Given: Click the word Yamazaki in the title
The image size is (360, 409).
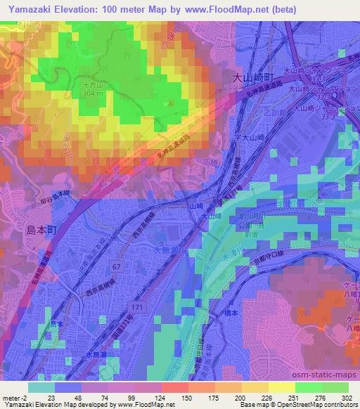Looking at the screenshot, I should [30, 9].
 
